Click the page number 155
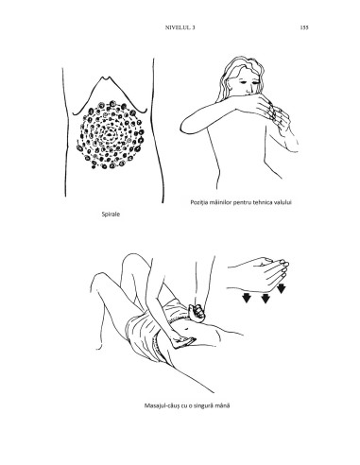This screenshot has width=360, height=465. tap(304, 27)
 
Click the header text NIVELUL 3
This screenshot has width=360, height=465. tap(180, 27)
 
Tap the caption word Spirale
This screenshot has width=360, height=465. tap(111, 215)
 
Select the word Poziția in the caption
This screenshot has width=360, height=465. tap(198, 202)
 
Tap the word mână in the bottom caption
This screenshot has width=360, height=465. tap(223, 405)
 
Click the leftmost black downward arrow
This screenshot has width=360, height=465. tap(247, 298)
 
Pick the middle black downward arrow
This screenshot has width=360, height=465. tap(266, 298)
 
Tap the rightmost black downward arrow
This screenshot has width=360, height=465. tap(282, 288)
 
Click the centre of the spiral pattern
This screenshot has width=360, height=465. tap(110, 135)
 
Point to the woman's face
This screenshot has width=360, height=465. tap(249, 83)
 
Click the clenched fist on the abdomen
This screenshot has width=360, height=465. tap(197, 313)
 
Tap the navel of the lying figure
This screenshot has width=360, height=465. tap(186, 330)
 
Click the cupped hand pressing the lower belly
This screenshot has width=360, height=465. tap(182, 342)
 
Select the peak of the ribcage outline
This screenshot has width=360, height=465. tap(103, 77)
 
